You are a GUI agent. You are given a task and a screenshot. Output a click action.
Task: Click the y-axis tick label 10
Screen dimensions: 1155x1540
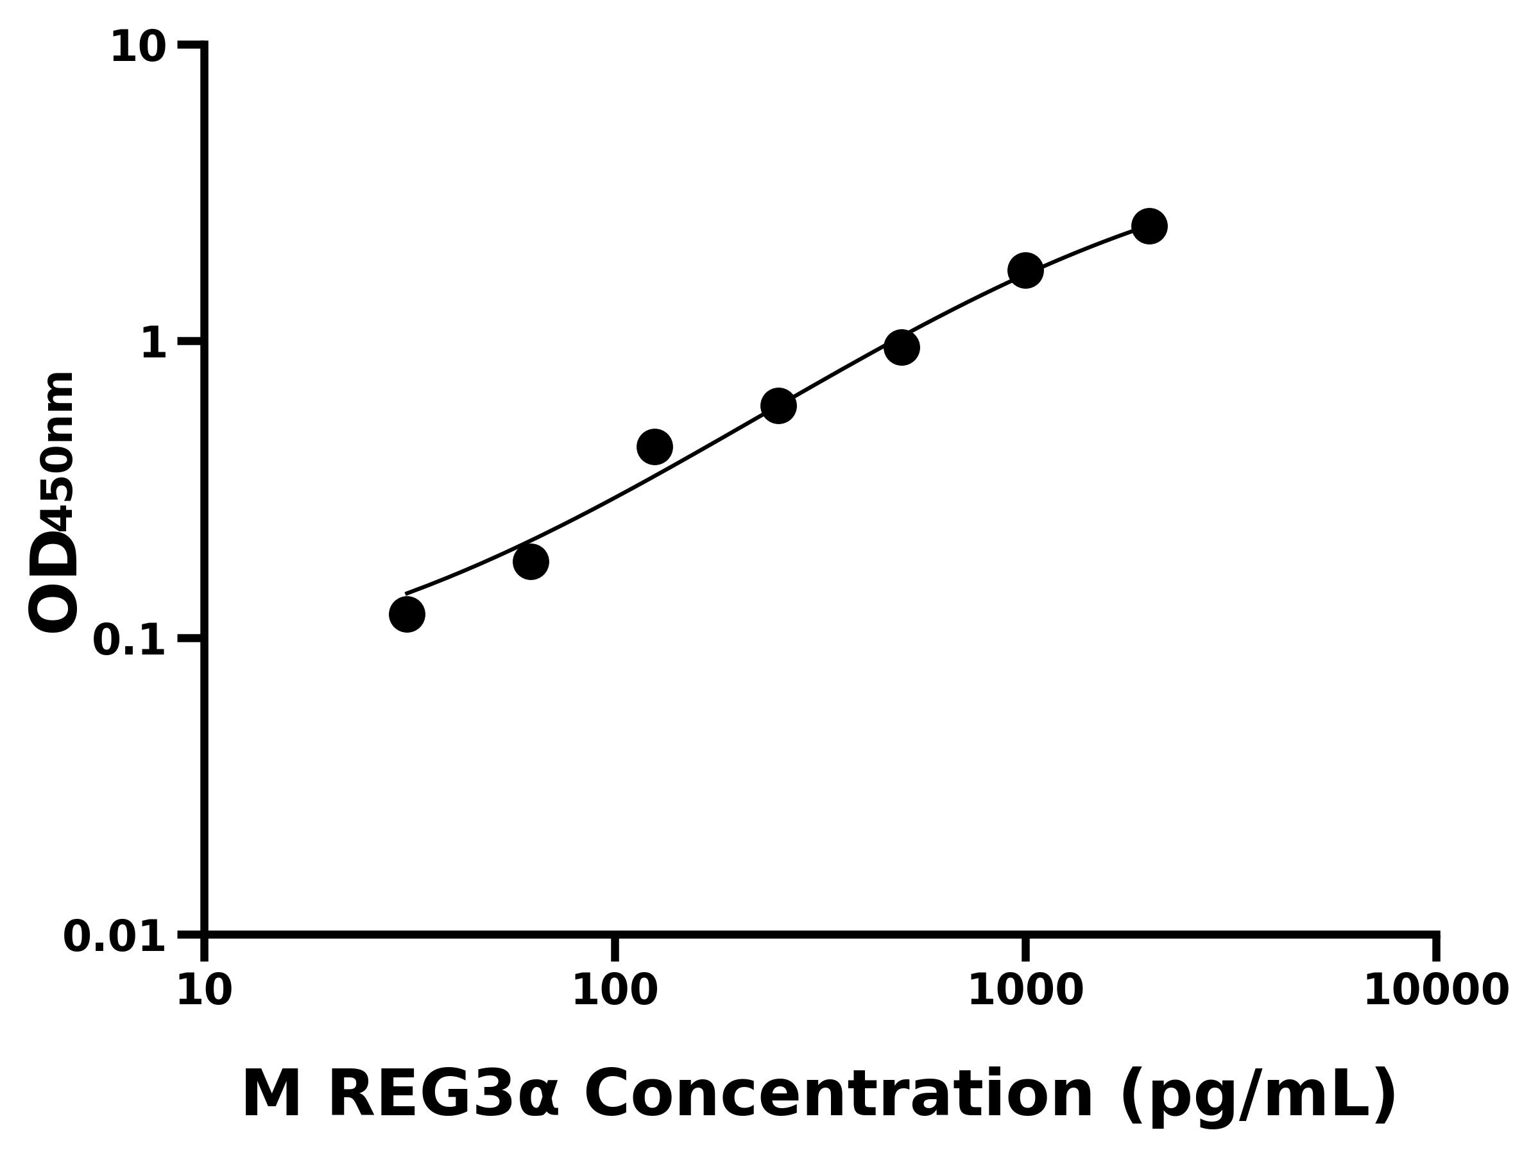[138, 49]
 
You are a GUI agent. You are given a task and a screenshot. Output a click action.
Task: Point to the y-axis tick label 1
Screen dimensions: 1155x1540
[154, 344]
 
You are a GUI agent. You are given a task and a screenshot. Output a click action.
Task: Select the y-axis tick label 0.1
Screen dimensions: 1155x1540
[130, 640]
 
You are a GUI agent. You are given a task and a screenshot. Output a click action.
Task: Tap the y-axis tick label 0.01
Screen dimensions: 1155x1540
[115, 937]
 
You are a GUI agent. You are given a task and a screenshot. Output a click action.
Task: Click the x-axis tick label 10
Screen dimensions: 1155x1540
[204, 991]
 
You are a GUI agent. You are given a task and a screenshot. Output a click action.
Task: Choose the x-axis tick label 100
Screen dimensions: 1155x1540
[615, 991]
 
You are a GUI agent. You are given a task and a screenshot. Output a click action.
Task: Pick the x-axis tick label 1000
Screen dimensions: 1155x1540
[1025, 991]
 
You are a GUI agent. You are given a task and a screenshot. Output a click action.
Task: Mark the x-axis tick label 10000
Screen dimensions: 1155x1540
[1436, 991]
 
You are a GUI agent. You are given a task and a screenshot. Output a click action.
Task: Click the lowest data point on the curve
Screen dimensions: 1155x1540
[407, 615]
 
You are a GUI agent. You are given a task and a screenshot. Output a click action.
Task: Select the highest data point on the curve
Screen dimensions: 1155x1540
[1149, 227]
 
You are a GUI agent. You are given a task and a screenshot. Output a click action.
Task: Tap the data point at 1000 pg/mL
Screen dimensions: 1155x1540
[1025, 270]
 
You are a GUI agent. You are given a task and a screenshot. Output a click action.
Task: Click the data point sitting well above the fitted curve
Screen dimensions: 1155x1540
[654, 446]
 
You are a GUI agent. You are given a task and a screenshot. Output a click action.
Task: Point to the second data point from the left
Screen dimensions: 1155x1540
[531, 562]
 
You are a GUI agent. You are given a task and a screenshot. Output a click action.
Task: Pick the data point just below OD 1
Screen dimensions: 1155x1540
[902, 347]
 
